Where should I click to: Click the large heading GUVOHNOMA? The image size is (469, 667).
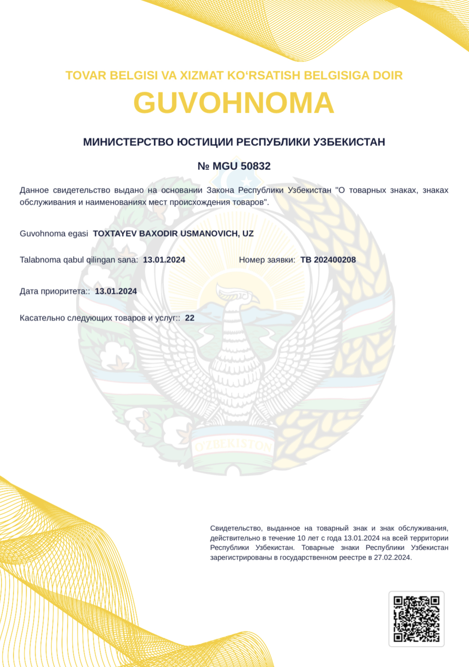click(x=234, y=103)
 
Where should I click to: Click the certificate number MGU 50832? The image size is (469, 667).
click(x=241, y=166)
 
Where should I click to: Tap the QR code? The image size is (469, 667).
click(x=416, y=619)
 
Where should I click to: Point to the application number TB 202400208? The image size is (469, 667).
click(x=328, y=260)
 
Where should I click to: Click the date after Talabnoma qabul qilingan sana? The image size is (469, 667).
click(x=164, y=260)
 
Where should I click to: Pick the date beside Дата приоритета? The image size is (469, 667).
click(x=116, y=291)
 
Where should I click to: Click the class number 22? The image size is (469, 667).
click(x=190, y=318)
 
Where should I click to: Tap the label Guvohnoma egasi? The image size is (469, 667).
click(x=54, y=234)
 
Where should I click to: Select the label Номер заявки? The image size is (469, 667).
click(x=267, y=260)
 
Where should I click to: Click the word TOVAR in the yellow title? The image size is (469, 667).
click(x=85, y=76)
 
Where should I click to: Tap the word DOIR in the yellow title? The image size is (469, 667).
click(x=387, y=76)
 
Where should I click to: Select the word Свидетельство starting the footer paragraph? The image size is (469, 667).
click(x=236, y=528)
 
